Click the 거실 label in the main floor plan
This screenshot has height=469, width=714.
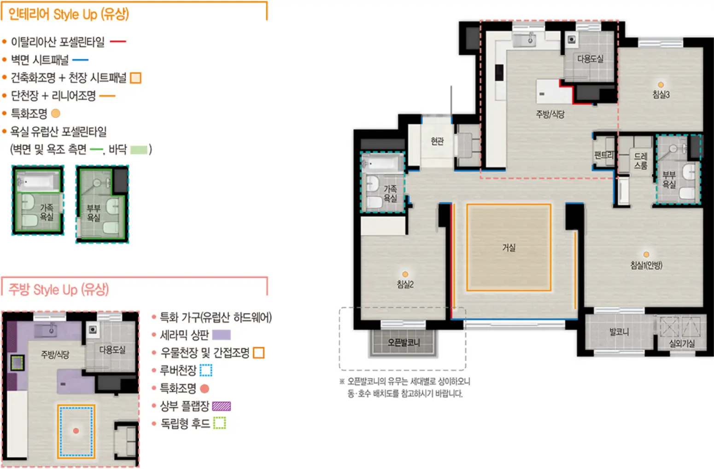[x=509, y=248]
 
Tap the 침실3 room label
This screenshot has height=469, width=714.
[x=661, y=94]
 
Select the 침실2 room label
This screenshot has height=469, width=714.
[x=405, y=284]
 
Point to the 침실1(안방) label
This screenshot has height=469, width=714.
[x=646, y=265]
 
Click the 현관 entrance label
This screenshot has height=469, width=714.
[x=437, y=141]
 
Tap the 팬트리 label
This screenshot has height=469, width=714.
[x=604, y=155]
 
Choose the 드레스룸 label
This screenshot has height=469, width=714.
[x=640, y=161]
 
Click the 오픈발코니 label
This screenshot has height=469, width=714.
[x=404, y=342]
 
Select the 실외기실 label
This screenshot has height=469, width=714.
[x=681, y=343]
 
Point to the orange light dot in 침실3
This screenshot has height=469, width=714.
[x=661, y=85]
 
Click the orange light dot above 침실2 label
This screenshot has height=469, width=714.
[x=405, y=274]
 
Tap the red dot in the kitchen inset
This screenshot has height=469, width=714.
[x=76, y=431]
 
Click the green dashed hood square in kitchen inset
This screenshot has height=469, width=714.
[x=17, y=363]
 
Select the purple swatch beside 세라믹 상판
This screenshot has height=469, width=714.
[x=221, y=335]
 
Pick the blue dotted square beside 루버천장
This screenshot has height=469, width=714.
[x=206, y=371]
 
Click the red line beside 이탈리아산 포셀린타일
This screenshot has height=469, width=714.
[x=118, y=41]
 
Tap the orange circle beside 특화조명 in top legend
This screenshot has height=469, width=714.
[x=55, y=113]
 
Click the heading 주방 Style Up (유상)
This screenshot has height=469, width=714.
[x=59, y=290]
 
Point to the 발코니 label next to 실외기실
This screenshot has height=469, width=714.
[x=619, y=332]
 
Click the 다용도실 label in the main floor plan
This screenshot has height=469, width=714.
[x=591, y=59]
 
